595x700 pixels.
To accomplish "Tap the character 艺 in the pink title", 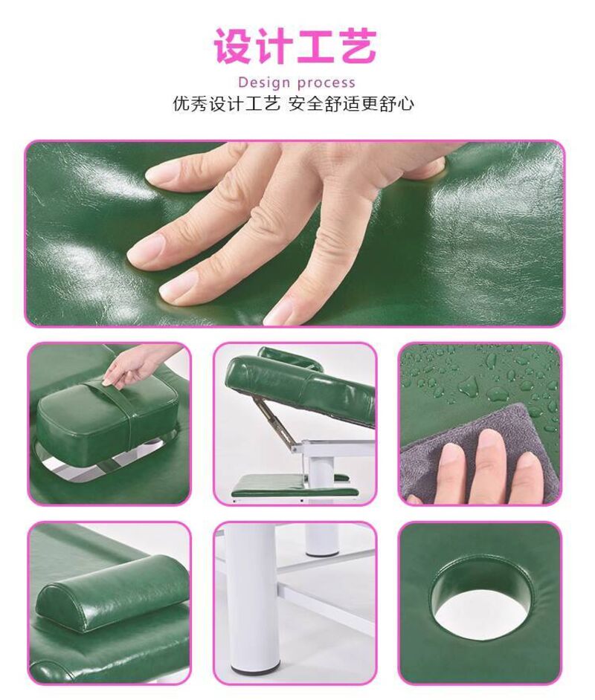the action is (x=356, y=45).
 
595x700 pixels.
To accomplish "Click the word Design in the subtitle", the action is (x=265, y=82).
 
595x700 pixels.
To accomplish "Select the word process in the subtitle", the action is (x=326, y=83).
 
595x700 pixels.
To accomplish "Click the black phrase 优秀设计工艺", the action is (x=226, y=105).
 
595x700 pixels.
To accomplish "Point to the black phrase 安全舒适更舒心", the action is (x=350, y=105).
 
